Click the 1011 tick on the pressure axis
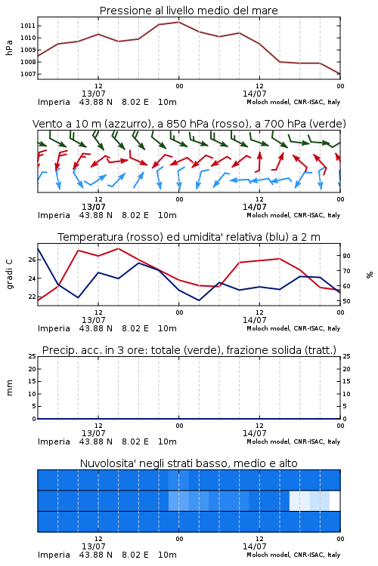27,26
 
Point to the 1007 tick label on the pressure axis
27,74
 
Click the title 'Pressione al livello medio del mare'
189,11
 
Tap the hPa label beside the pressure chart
9,48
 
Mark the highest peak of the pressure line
178,22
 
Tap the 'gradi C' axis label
9,274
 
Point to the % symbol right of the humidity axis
370,275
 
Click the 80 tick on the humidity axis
346,256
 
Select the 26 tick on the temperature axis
32,260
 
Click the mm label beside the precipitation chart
9,388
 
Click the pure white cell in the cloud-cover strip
335,501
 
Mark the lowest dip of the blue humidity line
199,300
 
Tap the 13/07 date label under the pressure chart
93,94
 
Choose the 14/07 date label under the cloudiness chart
254,546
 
